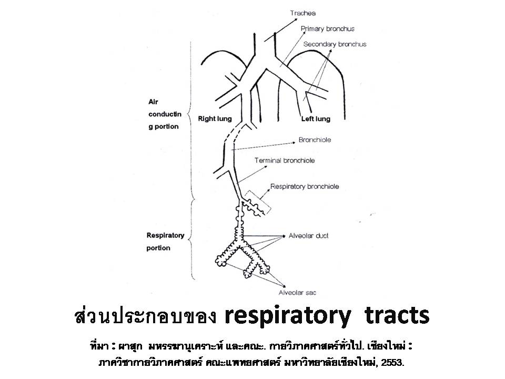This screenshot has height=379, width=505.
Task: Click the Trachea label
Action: tap(303, 13)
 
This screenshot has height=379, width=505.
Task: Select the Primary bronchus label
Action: tap(328, 29)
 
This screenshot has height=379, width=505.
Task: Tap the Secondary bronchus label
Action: tap(335, 44)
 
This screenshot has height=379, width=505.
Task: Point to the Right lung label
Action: tap(215, 119)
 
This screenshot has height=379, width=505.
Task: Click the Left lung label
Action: tap(316, 119)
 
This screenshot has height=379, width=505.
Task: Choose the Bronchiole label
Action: tap(315, 140)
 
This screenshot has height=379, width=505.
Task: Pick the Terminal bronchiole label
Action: tap(285, 161)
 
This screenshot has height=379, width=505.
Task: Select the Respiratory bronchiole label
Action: tap(305, 186)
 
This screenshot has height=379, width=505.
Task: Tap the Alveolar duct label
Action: tap(308, 236)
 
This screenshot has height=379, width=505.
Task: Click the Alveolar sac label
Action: tap(297, 293)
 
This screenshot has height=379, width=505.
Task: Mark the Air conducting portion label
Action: tap(165, 114)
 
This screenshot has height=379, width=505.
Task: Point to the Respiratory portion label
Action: tap(165, 242)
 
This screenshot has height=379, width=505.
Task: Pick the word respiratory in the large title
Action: tap(287, 316)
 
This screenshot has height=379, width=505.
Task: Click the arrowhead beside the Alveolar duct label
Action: tap(284, 236)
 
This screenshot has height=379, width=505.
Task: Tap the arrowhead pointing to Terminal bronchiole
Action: tap(265, 167)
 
